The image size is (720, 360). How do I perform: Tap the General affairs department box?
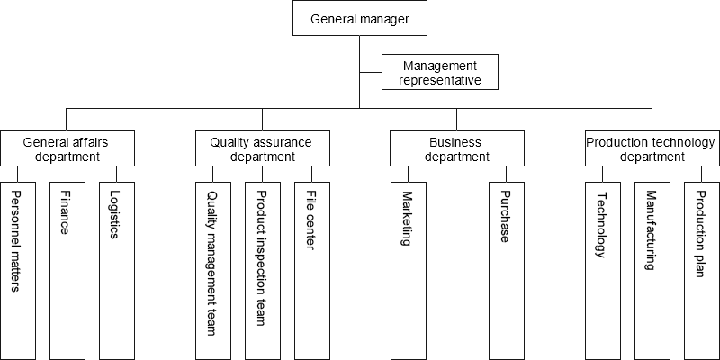[x=67, y=149]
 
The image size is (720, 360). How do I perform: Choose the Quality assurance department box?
[x=262, y=149]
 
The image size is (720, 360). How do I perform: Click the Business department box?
[x=456, y=149]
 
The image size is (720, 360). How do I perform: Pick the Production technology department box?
[x=651, y=149]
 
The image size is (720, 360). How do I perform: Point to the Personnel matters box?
[x=18, y=270]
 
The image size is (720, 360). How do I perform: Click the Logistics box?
[x=115, y=270]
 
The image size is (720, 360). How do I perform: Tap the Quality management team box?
[x=213, y=270]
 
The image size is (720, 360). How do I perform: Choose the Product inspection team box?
[x=262, y=270]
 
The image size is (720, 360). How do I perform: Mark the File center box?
[x=311, y=270]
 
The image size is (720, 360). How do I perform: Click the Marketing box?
[x=408, y=270]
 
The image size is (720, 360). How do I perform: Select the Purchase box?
[x=505, y=270]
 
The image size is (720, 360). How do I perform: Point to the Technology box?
[x=602, y=270]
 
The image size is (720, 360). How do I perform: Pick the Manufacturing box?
[x=651, y=270]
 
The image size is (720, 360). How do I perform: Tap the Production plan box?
[x=699, y=270]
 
